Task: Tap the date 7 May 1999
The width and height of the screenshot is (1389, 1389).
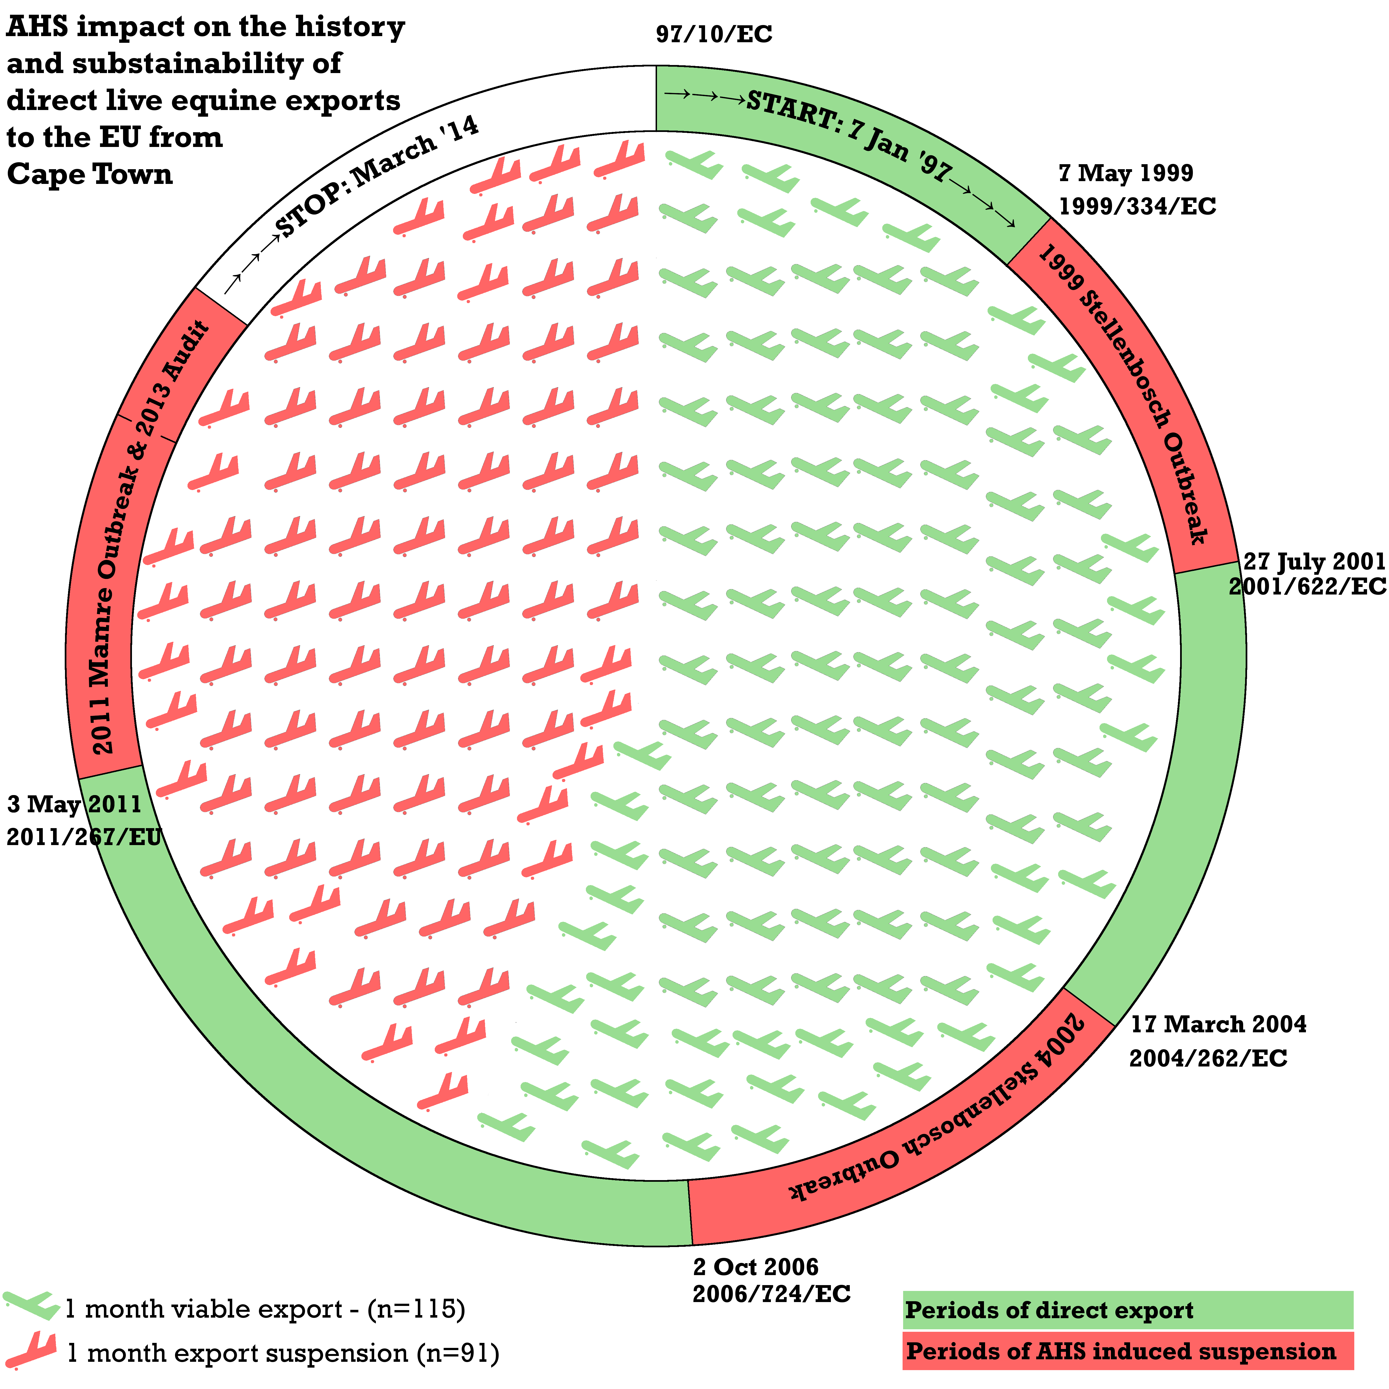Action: (1126, 173)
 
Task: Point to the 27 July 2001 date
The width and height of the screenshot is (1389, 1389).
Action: (1314, 561)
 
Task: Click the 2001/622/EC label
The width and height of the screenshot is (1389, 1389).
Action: (1307, 587)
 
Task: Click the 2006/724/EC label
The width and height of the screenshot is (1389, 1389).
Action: (771, 1294)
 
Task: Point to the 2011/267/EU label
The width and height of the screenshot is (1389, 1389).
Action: (84, 837)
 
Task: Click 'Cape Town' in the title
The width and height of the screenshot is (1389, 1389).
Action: (90, 175)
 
